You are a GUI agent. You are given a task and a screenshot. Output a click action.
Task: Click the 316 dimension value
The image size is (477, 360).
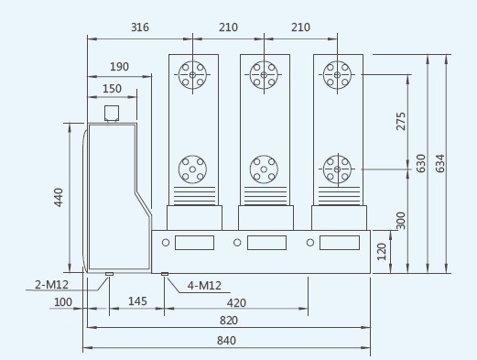(x=140, y=27)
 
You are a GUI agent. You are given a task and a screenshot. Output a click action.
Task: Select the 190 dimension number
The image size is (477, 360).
(x=119, y=67)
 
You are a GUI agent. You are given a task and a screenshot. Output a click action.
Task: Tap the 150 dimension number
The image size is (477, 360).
(x=112, y=89)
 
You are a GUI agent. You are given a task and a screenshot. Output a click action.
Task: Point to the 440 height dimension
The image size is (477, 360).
(x=59, y=198)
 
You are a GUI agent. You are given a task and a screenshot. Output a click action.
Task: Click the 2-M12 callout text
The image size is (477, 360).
(x=51, y=285)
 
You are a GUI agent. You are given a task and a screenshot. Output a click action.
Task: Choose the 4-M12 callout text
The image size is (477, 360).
(x=204, y=286)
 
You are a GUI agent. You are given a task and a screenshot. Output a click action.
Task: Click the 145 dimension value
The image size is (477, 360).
(x=137, y=301)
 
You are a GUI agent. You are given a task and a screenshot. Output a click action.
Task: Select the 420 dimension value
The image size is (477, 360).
(x=236, y=303)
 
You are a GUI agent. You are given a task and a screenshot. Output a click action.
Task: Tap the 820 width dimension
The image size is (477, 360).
(x=229, y=321)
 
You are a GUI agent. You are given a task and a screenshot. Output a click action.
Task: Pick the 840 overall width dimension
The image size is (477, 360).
(x=226, y=341)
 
